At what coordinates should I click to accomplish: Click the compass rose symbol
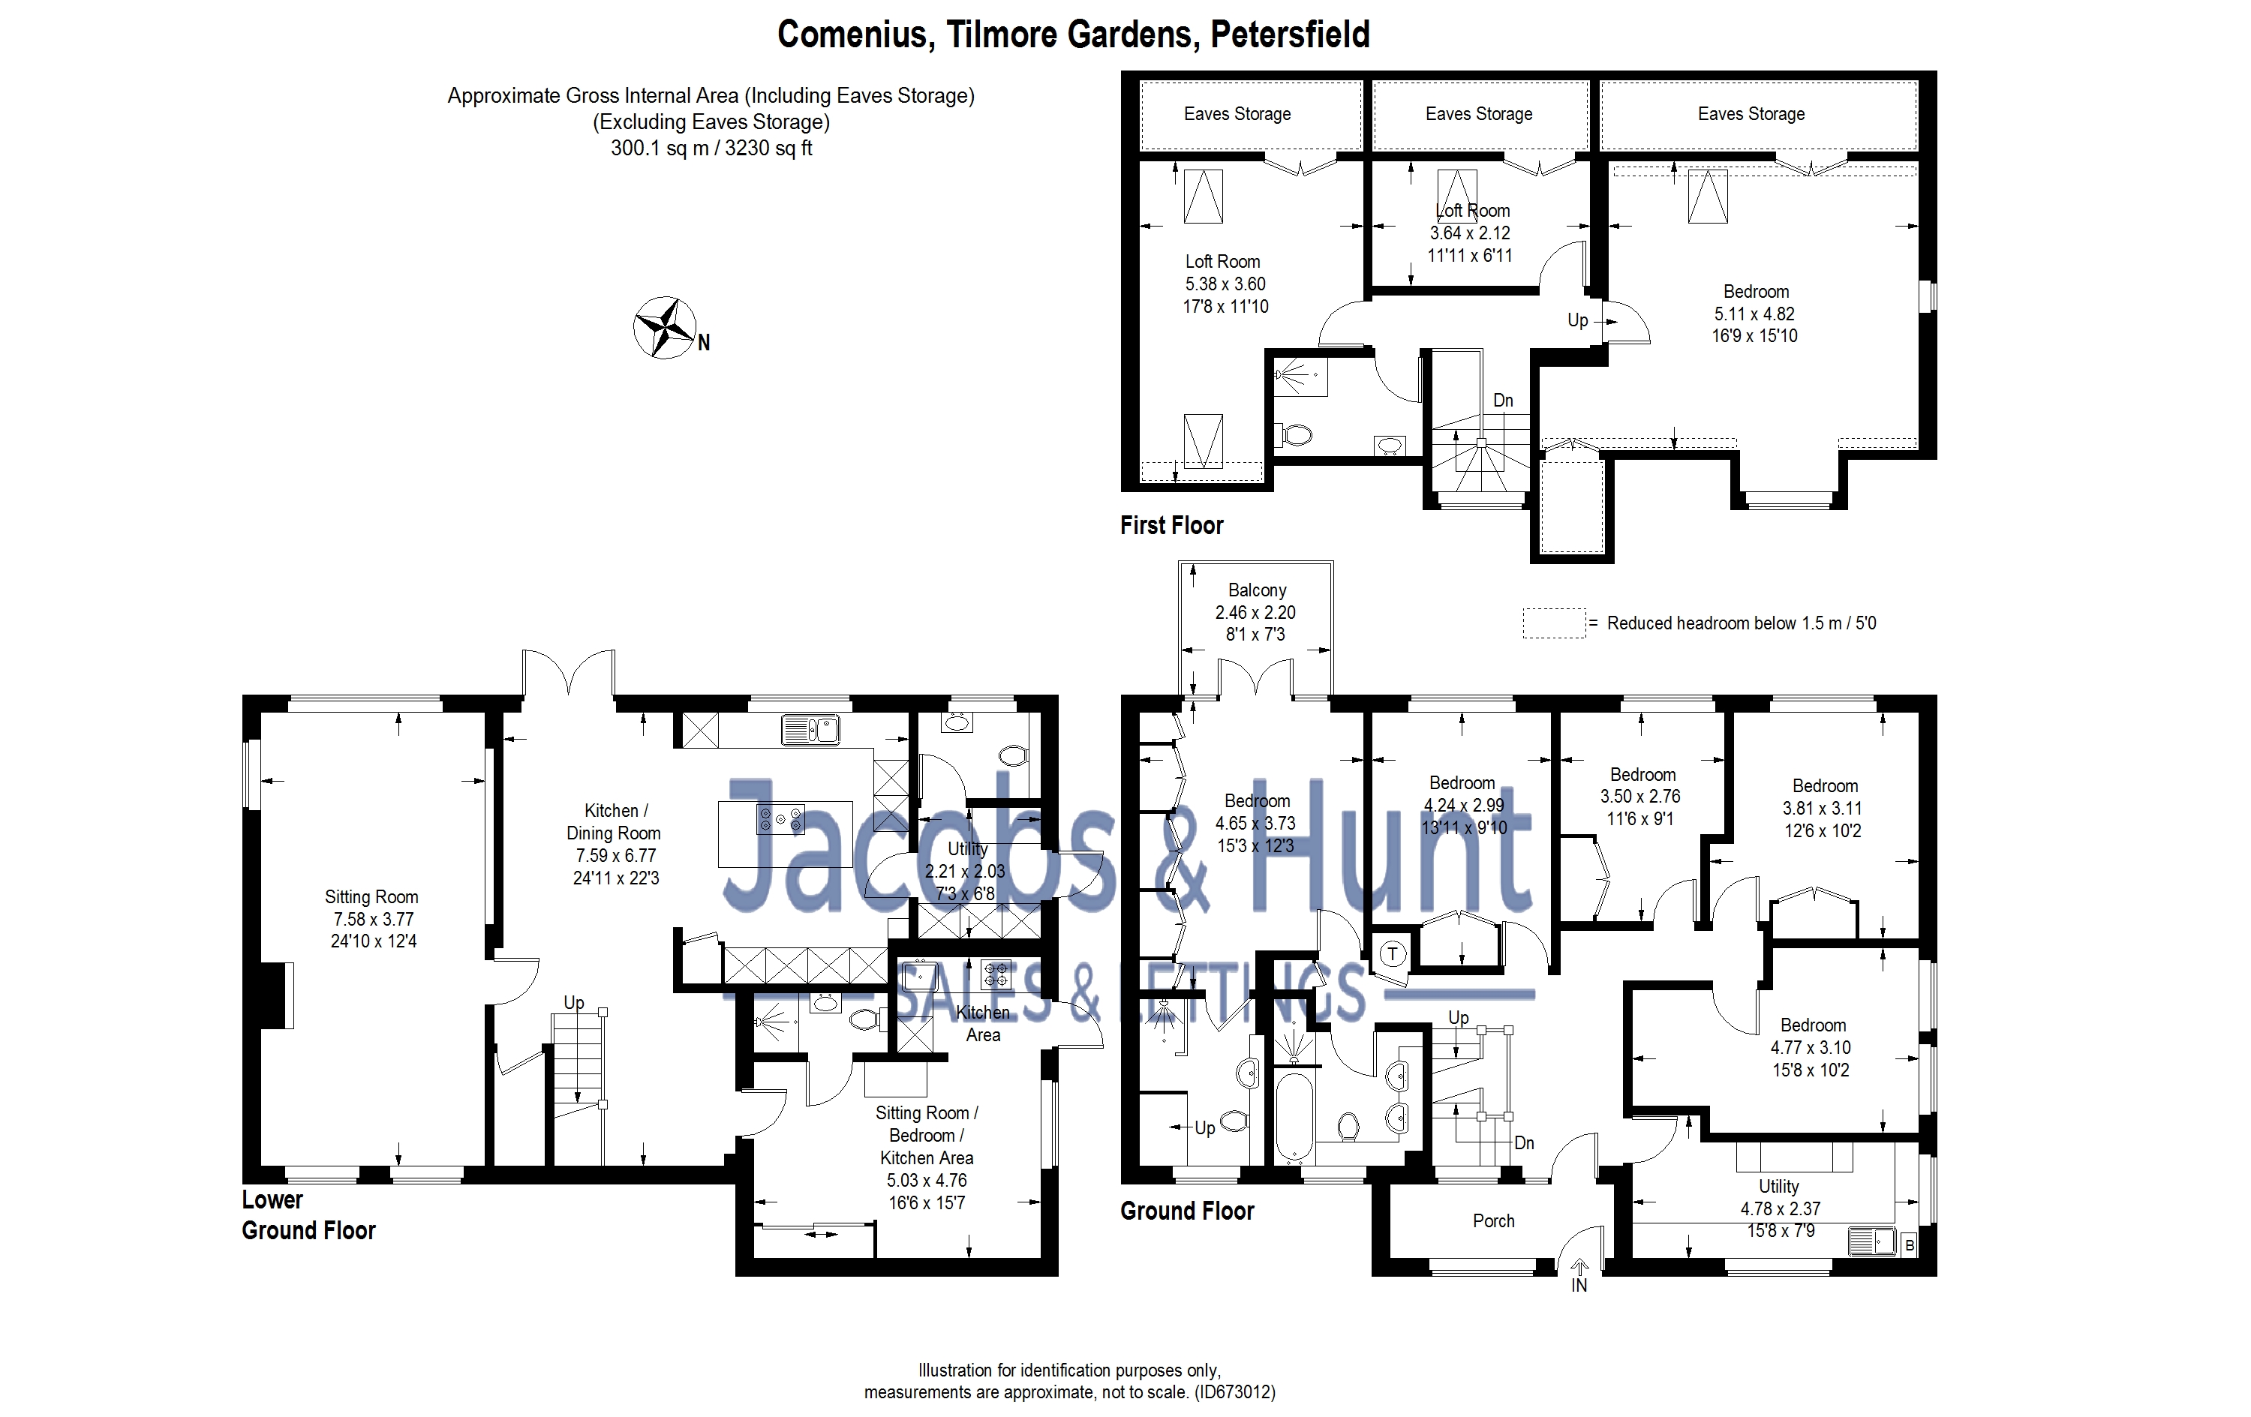tap(665, 328)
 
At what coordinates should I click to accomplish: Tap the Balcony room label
tap(1256, 590)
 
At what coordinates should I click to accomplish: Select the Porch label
tap(1493, 1220)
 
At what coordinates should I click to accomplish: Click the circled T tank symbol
tap(1393, 954)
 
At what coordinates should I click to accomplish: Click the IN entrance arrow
tap(1579, 1277)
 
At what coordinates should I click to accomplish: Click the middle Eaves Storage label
tap(1479, 114)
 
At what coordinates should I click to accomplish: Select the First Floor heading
tap(1171, 525)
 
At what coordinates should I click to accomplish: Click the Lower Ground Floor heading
tap(308, 1215)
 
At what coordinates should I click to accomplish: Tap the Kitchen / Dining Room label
tap(615, 821)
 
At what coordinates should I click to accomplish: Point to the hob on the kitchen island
tap(780, 819)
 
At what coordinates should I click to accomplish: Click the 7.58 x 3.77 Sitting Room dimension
tap(373, 919)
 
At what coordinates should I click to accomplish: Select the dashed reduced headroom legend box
tap(1554, 623)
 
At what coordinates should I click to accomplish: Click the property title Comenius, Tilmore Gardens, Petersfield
tap(1073, 35)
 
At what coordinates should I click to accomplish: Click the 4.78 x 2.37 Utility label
tap(1780, 1208)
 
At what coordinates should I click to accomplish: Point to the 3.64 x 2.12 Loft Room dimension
tap(1469, 233)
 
